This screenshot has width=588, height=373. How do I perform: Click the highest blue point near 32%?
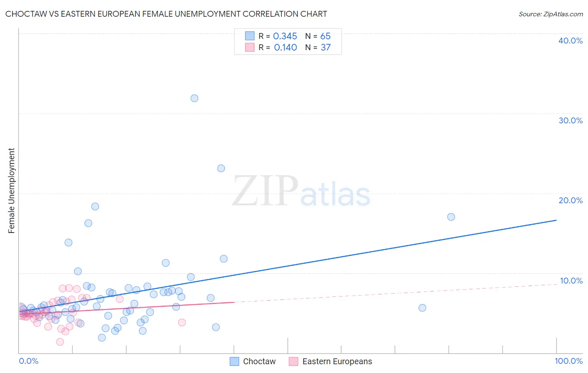[194, 98]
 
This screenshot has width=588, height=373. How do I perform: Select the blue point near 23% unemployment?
[221, 169]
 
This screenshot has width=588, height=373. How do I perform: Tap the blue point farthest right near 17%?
[451, 217]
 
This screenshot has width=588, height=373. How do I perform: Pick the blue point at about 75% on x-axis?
[422, 308]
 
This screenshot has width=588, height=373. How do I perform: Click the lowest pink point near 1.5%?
[60, 342]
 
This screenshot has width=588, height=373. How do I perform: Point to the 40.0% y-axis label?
[570, 41]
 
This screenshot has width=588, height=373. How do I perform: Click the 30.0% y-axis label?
[570, 120]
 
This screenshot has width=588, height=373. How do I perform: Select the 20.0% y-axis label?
[570, 200]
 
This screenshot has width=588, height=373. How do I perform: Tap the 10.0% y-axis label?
[570, 281]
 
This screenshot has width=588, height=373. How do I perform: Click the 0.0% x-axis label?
[28, 361]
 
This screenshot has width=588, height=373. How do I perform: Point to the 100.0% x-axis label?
[568, 361]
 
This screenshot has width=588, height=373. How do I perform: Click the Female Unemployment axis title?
[11, 191]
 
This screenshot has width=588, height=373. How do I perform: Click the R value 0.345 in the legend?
[285, 36]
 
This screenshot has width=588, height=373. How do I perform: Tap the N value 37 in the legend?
[325, 48]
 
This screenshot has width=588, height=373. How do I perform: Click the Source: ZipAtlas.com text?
[550, 14]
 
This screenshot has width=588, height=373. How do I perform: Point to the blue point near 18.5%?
[95, 207]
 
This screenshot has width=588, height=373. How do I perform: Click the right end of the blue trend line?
[556, 220]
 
